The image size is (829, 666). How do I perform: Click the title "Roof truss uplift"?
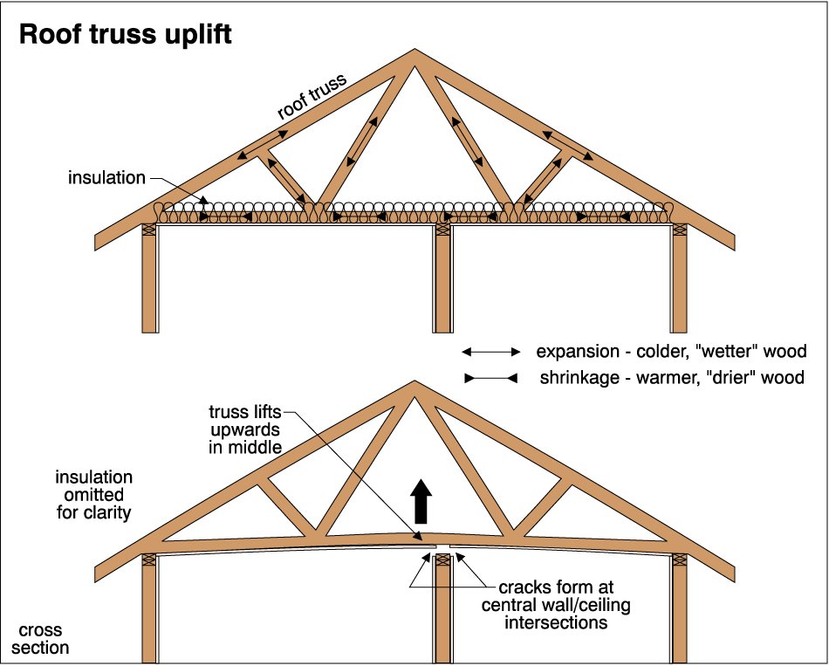(x=125, y=34)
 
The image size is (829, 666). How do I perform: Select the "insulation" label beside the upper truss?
(x=107, y=178)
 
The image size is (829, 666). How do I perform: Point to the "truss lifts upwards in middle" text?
(x=246, y=429)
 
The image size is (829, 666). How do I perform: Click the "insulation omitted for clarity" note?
(x=94, y=495)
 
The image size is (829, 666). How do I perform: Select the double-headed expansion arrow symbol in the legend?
(x=490, y=352)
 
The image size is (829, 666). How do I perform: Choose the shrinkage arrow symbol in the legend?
(x=490, y=379)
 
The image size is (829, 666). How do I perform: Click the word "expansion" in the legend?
(x=577, y=352)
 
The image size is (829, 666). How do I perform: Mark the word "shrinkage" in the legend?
(x=578, y=379)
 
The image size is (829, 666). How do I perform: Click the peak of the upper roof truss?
(x=414, y=55)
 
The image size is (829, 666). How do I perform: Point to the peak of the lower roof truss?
(x=414, y=385)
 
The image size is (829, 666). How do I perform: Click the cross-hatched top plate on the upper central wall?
(x=443, y=229)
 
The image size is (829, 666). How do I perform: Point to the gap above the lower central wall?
(x=442, y=550)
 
